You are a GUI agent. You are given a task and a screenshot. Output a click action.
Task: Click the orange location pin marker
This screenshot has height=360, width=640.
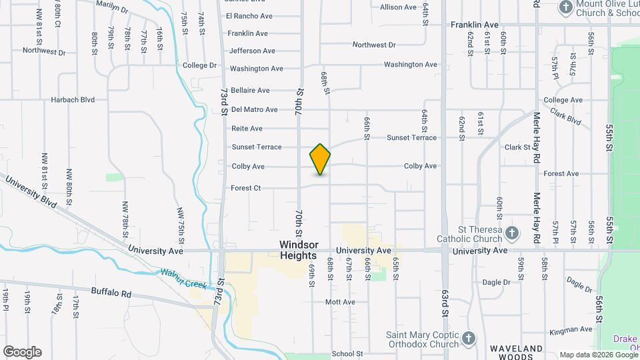click(320, 159)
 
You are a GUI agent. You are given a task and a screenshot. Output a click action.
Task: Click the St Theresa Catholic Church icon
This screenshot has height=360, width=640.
click(511, 233)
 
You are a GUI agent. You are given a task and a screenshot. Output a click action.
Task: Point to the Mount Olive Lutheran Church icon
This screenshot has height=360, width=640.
click(566, 8)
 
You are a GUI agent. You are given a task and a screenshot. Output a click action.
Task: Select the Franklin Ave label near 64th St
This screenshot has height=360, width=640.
click(475, 24)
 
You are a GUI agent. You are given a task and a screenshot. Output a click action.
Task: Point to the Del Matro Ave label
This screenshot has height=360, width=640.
click(254, 109)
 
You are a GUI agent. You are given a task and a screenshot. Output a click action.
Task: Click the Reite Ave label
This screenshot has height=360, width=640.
click(247, 128)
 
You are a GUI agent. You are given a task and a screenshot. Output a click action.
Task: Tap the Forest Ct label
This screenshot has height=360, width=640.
click(246, 188)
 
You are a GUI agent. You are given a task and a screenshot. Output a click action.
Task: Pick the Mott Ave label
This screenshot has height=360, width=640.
click(340, 302)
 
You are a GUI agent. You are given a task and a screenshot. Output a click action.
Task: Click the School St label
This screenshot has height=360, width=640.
click(347, 354)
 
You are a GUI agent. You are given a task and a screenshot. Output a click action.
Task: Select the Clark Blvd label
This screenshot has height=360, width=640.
click(565, 118)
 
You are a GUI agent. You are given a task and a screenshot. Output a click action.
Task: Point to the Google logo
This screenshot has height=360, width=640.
click(22, 352)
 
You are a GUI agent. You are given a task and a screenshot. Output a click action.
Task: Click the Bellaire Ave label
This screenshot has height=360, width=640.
click(250, 90)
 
